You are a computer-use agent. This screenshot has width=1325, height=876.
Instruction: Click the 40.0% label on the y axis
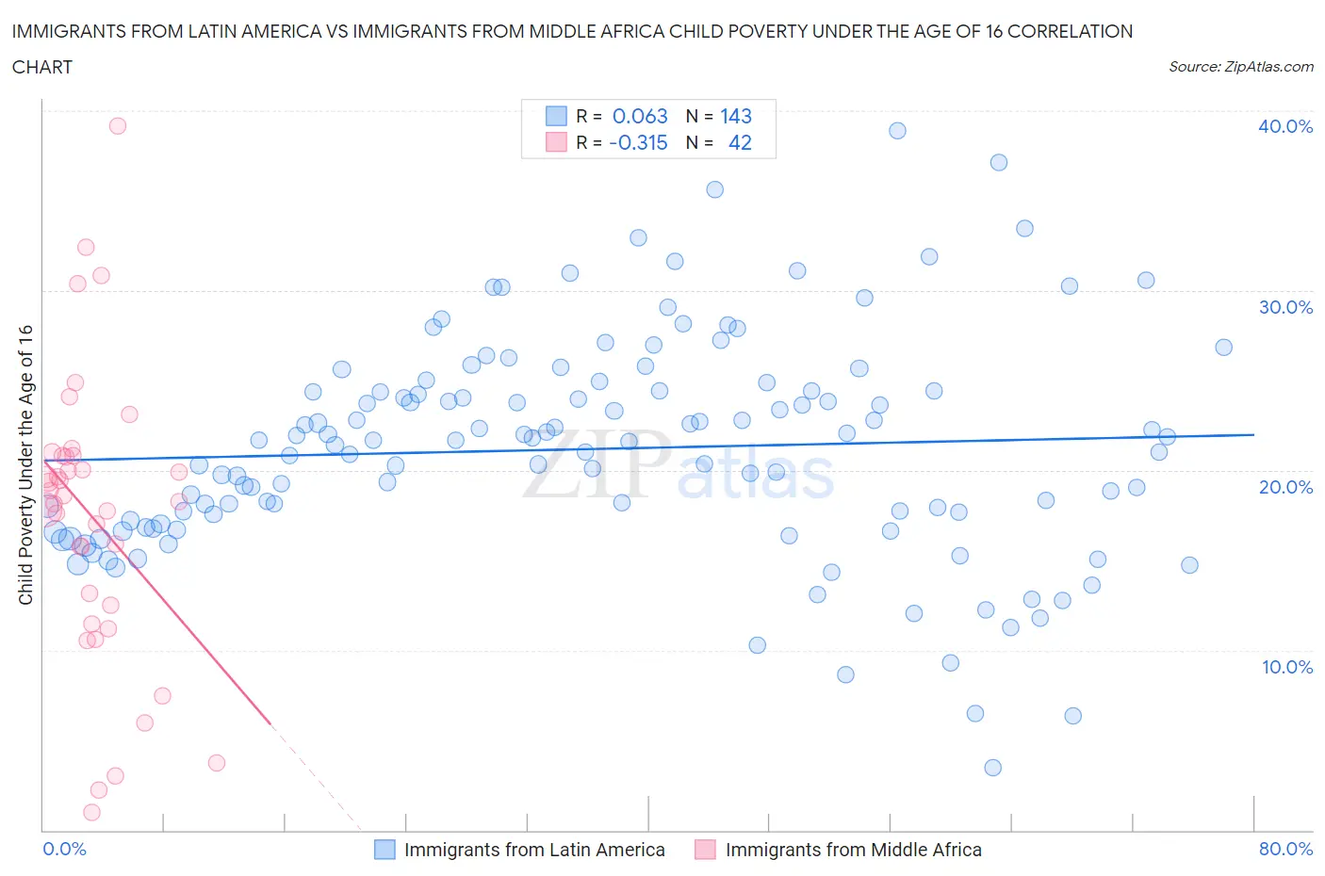1284,126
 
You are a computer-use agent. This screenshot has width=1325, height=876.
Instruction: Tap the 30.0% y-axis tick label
1285,307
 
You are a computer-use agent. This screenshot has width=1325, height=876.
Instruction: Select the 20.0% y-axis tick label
1285,487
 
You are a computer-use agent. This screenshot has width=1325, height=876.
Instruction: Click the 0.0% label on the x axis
64,849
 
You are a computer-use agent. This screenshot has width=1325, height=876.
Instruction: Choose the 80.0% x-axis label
1285,849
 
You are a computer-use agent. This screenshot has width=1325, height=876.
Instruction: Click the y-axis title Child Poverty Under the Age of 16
25,464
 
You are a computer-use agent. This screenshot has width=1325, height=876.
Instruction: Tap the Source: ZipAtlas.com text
1240,67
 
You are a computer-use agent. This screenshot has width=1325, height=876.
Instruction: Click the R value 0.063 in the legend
640,116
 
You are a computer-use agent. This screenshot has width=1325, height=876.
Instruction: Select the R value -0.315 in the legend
638,142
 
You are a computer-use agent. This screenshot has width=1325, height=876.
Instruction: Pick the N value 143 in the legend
736,116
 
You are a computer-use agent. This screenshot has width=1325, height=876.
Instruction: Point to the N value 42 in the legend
740,142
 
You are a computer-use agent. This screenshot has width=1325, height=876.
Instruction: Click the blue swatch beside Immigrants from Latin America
384,850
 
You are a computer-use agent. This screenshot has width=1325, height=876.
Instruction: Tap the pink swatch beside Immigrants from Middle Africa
705,850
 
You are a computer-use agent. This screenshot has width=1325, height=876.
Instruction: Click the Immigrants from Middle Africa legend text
853,850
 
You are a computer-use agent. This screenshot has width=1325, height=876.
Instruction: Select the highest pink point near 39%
118,125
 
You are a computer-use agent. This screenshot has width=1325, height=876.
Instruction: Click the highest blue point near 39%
897,130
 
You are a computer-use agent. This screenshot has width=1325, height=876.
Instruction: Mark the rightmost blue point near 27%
1223,347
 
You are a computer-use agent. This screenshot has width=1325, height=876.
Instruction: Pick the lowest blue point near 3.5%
992,768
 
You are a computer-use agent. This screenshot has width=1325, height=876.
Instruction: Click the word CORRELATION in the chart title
1070,31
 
